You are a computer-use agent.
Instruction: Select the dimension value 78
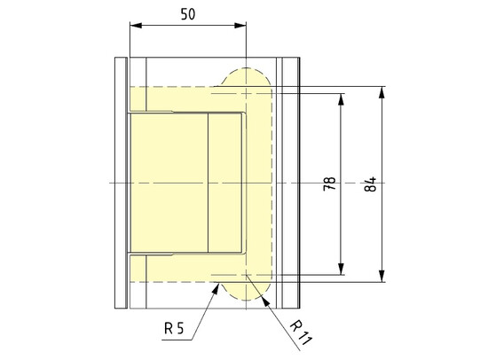pos(329,184)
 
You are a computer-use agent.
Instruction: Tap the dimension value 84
pos(371,184)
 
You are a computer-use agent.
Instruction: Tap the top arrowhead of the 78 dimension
pos(341,98)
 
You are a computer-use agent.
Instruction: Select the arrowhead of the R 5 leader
pos(218,285)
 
